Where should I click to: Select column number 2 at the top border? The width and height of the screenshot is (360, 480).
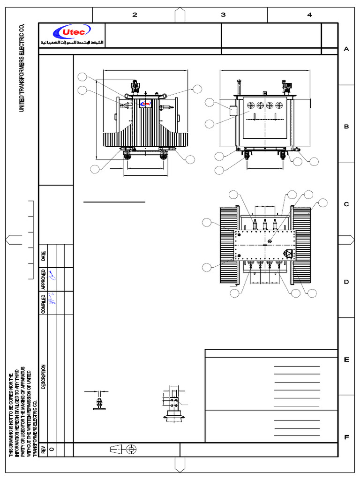point(135,15)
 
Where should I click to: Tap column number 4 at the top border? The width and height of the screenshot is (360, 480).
point(309,15)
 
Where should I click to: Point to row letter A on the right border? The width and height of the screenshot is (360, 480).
point(347,49)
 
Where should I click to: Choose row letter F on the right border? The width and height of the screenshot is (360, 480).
point(347,437)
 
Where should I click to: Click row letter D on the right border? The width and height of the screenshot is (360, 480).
point(347,282)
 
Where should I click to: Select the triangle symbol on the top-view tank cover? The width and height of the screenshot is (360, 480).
point(288,254)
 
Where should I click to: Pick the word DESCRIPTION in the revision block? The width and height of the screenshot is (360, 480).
point(44,376)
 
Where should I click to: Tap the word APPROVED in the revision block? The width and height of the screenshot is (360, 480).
point(44,279)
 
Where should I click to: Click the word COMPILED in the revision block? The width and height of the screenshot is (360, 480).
point(44,303)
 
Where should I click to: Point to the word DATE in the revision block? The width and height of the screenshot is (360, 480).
point(44,255)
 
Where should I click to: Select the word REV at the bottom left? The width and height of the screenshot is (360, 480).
point(44,450)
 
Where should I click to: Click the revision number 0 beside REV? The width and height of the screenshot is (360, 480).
point(52,450)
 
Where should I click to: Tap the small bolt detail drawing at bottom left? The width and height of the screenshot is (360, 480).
point(99,401)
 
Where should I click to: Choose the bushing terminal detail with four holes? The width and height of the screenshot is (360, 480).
point(173,404)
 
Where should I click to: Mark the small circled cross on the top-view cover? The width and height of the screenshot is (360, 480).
point(270,241)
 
